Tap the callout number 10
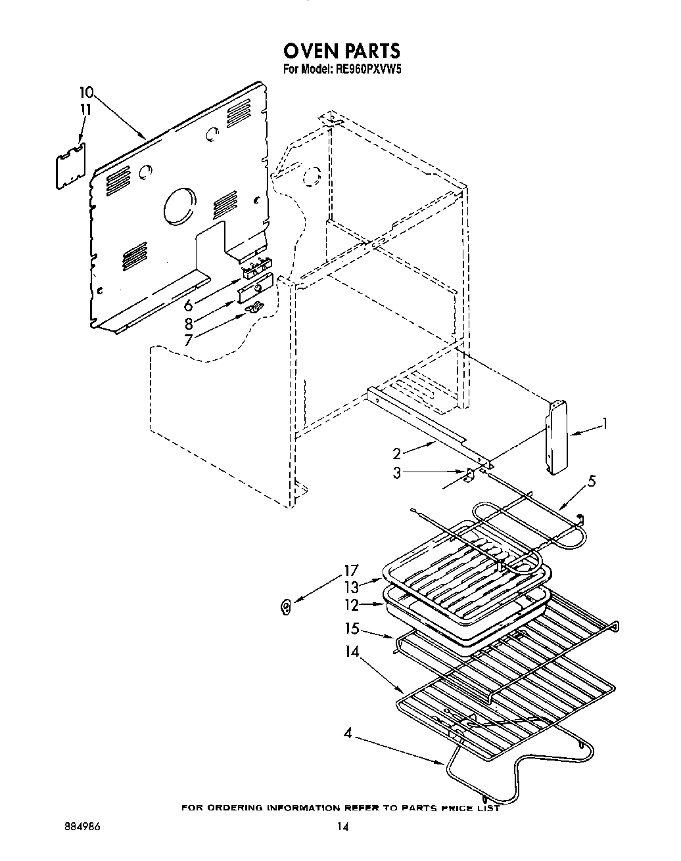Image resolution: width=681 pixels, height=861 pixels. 87,93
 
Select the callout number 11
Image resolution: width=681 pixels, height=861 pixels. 84,110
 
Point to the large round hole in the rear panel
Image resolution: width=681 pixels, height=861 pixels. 179,206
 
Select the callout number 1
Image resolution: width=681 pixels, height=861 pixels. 605,424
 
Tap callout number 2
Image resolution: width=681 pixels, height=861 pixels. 397,453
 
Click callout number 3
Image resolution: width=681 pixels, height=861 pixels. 397,472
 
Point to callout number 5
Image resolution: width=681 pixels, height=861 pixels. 592,481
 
